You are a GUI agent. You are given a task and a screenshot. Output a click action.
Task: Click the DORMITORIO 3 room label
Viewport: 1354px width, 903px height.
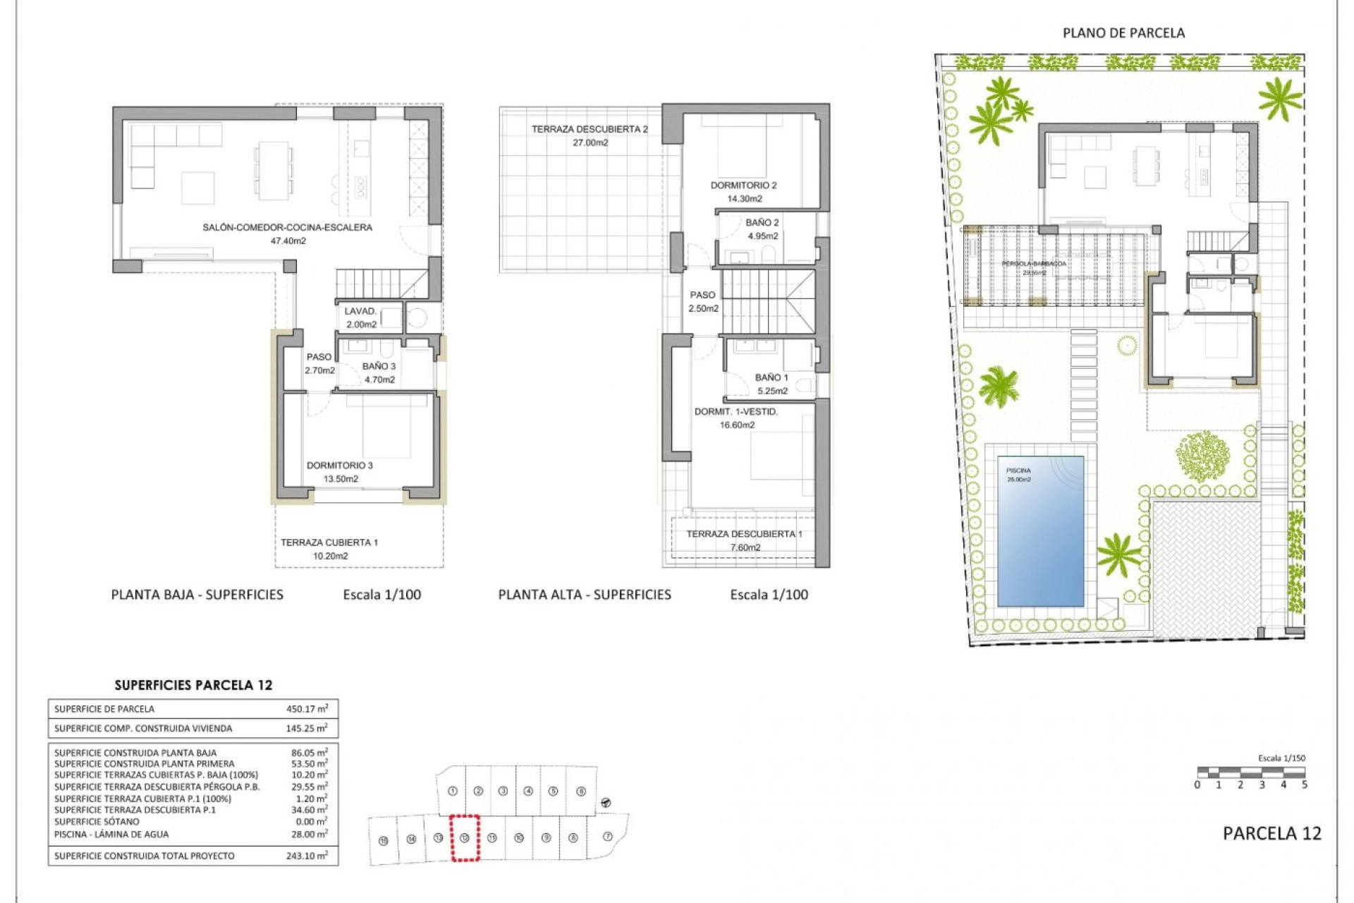click(339, 466)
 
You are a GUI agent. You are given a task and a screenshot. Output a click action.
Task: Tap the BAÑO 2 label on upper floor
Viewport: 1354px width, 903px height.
click(762, 223)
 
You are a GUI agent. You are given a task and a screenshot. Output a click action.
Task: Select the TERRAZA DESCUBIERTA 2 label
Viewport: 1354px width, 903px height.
click(589, 129)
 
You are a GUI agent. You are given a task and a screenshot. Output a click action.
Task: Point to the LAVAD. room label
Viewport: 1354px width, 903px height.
click(360, 311)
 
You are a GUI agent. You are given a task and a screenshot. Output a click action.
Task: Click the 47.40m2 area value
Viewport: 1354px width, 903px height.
click(288, 241)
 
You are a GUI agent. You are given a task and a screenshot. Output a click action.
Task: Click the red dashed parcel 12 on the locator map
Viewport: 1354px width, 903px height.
click(465, 838)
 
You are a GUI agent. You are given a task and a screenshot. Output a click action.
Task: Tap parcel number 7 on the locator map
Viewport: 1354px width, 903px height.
click(608, 837)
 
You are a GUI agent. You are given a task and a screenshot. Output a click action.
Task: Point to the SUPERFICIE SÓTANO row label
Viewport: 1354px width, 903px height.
click(97, 822)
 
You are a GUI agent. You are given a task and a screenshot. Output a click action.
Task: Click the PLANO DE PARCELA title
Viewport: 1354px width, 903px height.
click(1123, 33)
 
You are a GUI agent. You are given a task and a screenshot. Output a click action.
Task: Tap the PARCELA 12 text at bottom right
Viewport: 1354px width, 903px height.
click(1271, 833)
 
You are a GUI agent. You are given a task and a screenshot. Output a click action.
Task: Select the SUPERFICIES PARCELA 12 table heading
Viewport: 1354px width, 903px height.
click(193, 685)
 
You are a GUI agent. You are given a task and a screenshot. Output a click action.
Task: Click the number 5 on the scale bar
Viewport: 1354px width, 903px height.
click(1304, 785)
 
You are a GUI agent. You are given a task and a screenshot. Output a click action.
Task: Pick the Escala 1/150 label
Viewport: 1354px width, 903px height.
click(1281, 758)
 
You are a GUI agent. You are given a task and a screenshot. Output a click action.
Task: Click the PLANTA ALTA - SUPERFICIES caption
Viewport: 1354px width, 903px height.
click(585, 595)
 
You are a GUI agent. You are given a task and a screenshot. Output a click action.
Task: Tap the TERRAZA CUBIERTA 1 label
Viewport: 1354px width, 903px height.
click(329, 543)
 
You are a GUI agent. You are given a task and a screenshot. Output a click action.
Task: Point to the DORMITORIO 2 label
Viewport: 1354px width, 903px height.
click(743, 186)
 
